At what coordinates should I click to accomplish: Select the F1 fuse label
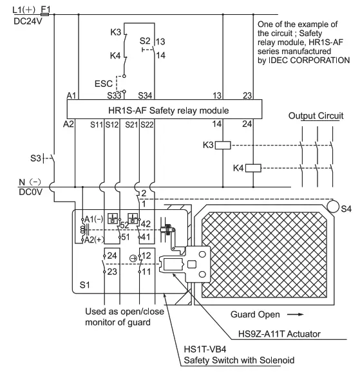point(46,9)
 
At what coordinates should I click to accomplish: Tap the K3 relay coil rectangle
point(222,144)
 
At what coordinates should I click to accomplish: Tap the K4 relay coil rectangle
point(253,169)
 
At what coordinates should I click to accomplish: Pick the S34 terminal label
point(145,96)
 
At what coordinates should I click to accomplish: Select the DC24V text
point(28,20)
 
